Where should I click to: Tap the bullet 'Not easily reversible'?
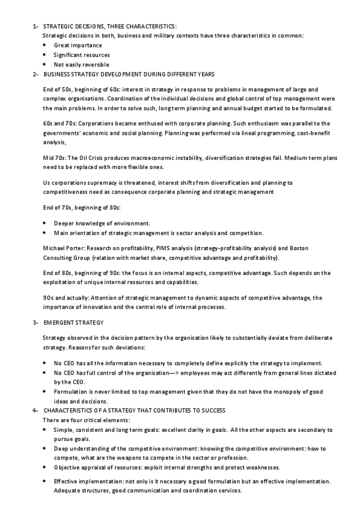81,64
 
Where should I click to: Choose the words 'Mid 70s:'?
55,158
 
